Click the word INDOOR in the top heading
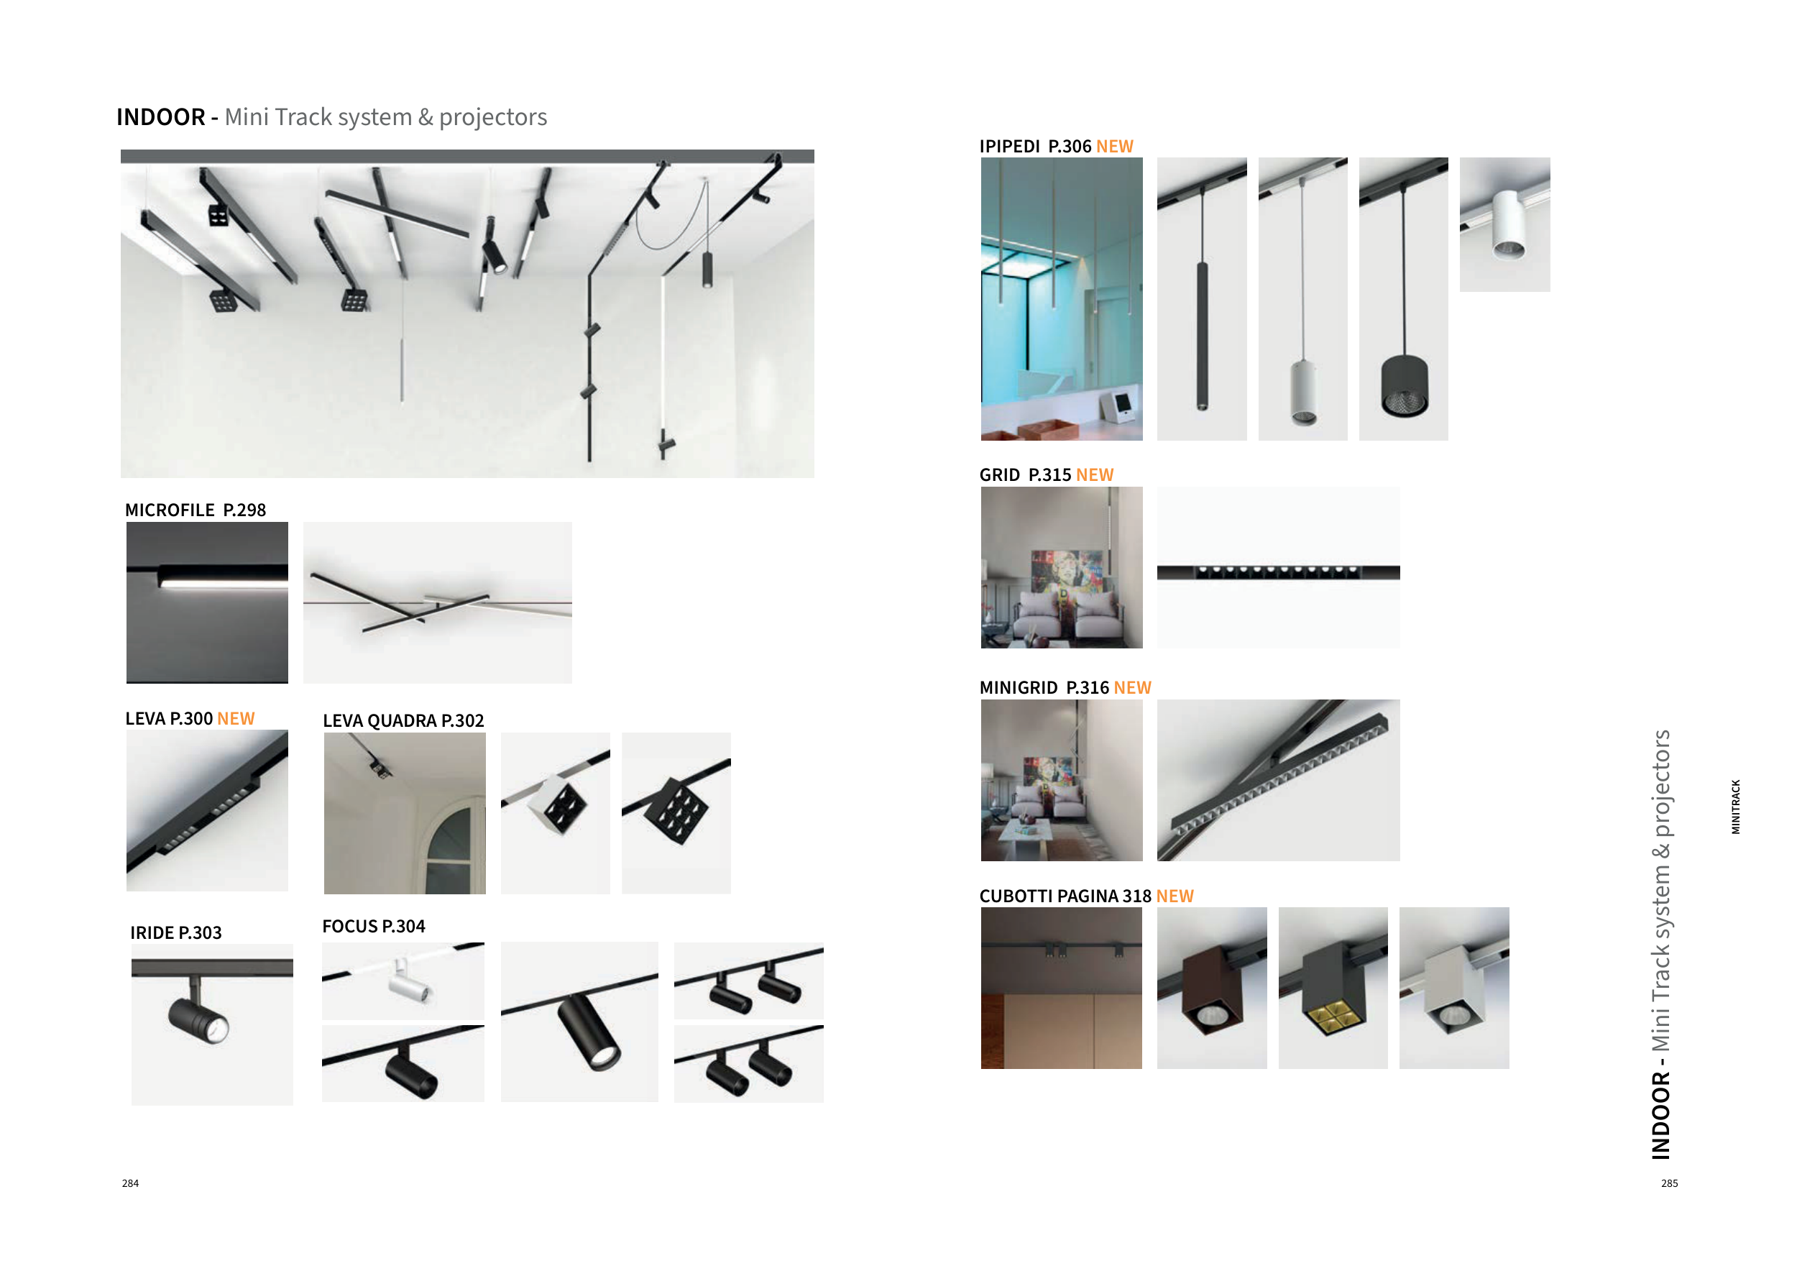tap(160, 117)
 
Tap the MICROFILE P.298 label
tap(196, 510)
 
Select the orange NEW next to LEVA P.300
tap(236, 718)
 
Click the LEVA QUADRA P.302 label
tap(403, 721)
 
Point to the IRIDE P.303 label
tap(176, 933)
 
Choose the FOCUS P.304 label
tap(373, 927)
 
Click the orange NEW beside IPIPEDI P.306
tap(1115, 147)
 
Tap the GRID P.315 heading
tap(1047, 475)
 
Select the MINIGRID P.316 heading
tap(1065, 688)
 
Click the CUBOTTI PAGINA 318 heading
tap(1086, 896)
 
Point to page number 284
tap(131, 1183)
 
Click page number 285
tap(1670, 1183)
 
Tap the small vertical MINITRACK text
tap(1735, 807)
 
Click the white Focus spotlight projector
tap(409, 983)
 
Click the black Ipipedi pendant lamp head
tap(1404, 386)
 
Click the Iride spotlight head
tap(199, 1021)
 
